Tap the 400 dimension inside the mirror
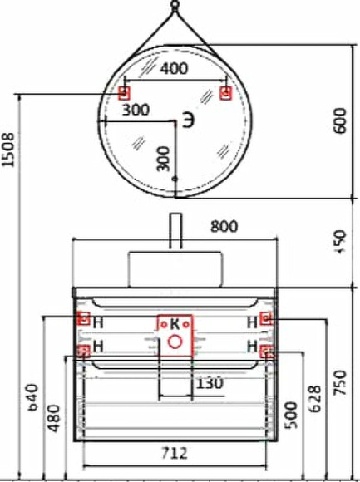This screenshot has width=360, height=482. tap(173, 70)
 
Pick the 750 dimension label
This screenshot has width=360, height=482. tap(338, 384)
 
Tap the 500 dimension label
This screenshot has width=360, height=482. tap(290, 418)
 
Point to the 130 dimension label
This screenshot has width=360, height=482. tap(209, 382)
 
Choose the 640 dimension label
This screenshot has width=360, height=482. tap(33, 398)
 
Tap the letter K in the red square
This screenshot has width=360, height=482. tap(175, 322)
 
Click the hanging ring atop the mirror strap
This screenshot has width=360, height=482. tap(175, 7)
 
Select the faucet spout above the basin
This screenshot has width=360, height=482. tap(175, 231)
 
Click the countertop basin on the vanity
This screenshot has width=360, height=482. tap(175, 268)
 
